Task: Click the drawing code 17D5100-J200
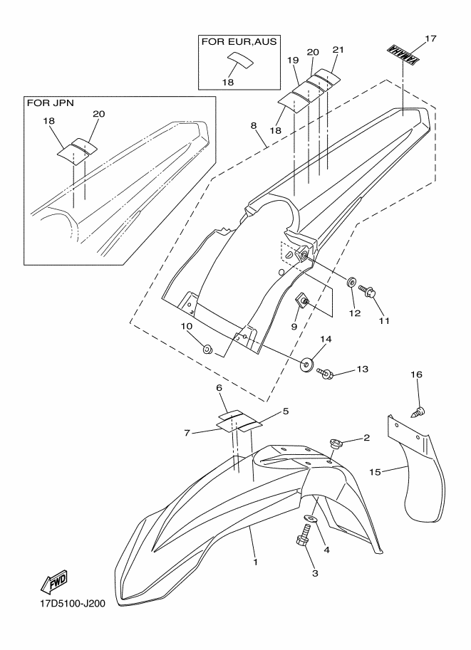tap(70, 603)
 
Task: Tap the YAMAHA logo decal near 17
tap(402, 56)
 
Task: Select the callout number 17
tap(431, 38)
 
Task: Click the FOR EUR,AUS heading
tap(239, 41)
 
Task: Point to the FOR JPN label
tap(50, 103)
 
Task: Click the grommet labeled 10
tap(207, 350)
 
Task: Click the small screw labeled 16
tap(420, 412)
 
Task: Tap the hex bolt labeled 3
tap(304, 535)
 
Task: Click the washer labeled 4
tap(310, 518)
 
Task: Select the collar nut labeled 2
tap(336, 444)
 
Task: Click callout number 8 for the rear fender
tap(254, 126)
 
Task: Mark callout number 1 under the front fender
tap(256, 562)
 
